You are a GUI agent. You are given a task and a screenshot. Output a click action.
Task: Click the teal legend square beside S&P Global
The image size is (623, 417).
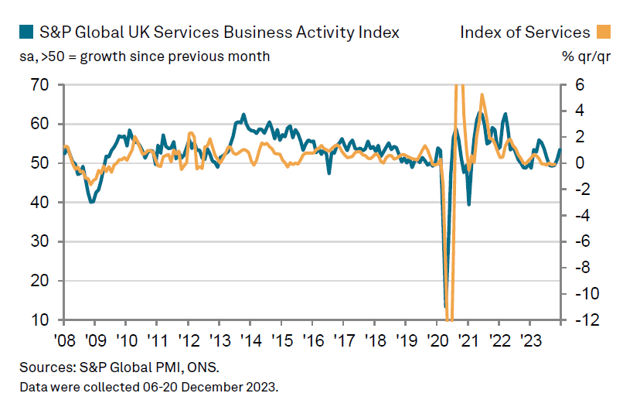(25, 32)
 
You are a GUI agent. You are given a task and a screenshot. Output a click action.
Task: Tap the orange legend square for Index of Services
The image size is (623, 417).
(604, 32)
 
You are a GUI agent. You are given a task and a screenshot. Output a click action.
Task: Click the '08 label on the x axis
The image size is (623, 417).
(64, 341)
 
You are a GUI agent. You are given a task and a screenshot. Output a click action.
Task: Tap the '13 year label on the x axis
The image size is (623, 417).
(219, 341)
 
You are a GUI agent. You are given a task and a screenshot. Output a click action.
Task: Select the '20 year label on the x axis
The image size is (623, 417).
(437, 341)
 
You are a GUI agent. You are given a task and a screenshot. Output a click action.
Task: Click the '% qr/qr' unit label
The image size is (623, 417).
(587, 56)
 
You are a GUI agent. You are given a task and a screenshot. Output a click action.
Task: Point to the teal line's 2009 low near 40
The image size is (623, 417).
(92, 202)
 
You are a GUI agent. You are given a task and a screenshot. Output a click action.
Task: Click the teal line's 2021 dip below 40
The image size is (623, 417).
(469, 205)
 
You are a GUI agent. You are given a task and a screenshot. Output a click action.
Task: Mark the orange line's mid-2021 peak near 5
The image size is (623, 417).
(482, 95)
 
